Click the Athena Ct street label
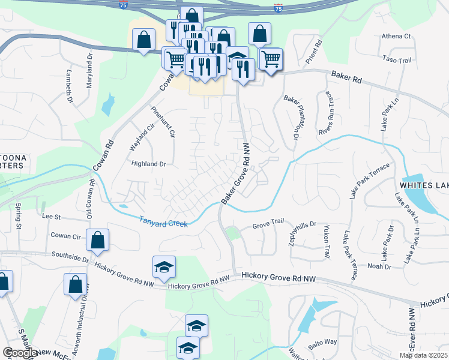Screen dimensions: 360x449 point(396,36)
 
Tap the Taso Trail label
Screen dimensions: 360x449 point(397,60)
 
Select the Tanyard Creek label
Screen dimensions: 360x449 point(164,222)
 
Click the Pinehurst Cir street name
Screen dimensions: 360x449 point(163,122)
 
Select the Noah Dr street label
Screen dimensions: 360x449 point(379,266)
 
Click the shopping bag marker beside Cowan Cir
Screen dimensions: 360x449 point(98,241)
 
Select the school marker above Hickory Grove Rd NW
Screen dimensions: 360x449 point(163,268)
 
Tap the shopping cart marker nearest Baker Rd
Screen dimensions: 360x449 point(271,60)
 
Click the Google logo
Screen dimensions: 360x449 point(20,353)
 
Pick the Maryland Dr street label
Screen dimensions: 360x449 point(89,71)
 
